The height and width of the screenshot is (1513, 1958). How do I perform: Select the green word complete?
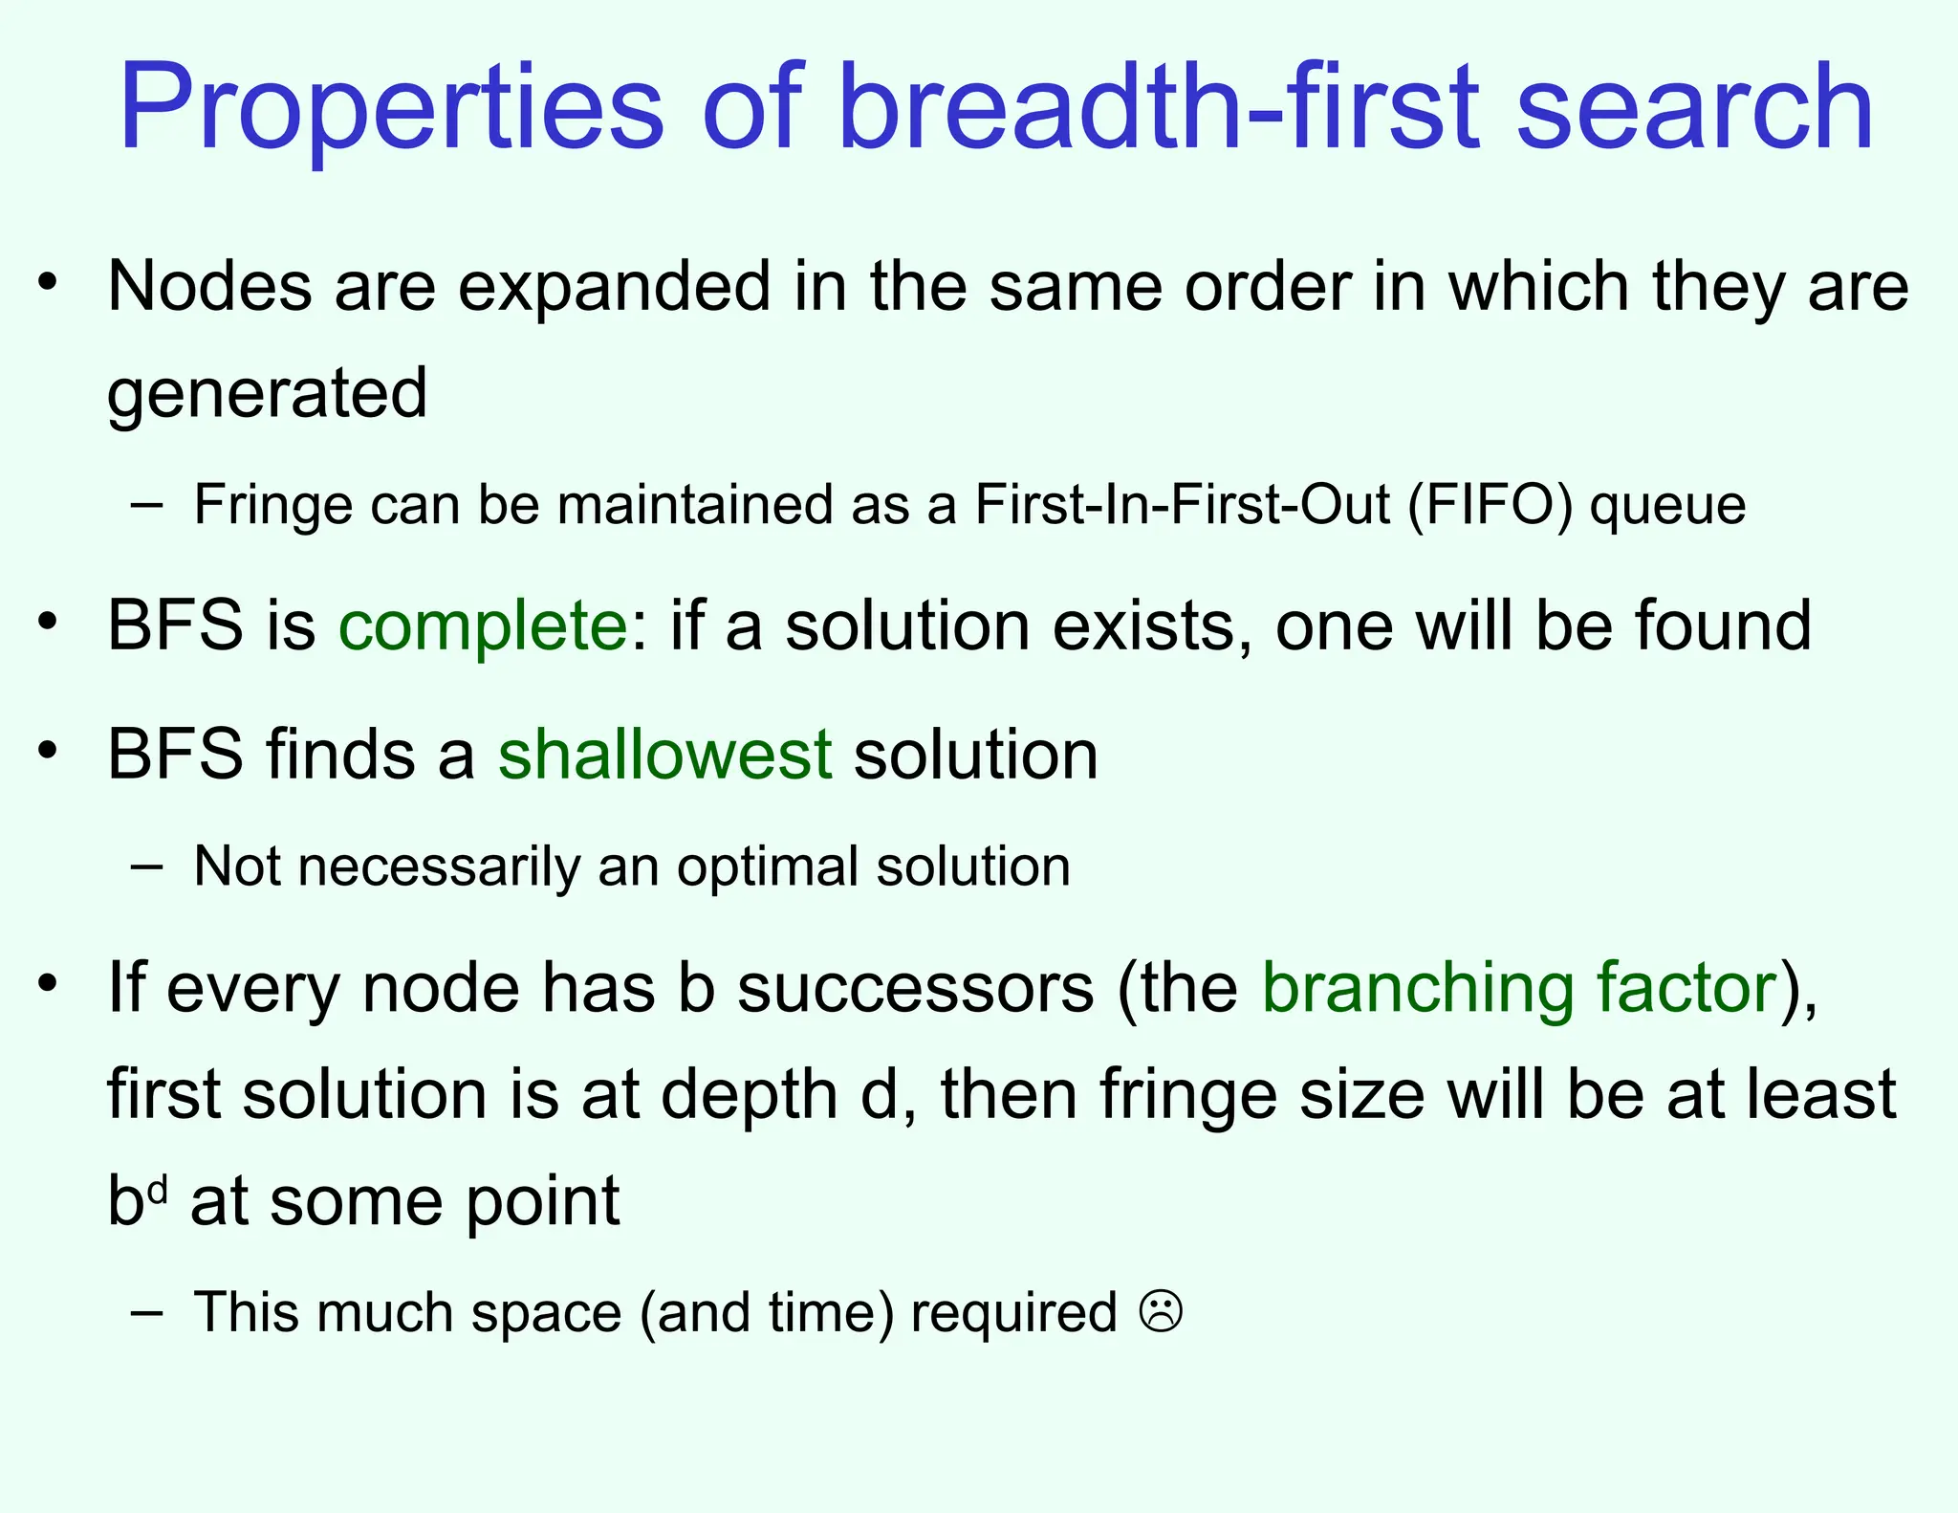(x=483, y=626)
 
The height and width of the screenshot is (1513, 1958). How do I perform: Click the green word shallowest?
(x=664, y=756)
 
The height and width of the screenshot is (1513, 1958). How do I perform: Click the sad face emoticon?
(x=1161, y=1311)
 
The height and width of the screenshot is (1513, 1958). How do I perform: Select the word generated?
(x=267, y=394)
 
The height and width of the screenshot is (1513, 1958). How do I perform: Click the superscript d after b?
(x=159, y=1190)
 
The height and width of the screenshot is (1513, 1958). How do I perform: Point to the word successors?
(x=915, y=989)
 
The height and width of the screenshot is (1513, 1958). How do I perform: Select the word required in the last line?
(x=1013, y=1313)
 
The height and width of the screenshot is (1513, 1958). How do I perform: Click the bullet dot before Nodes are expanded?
(x=48, y=283)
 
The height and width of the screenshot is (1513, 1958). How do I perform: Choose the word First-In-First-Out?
(x=1182, y=505)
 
